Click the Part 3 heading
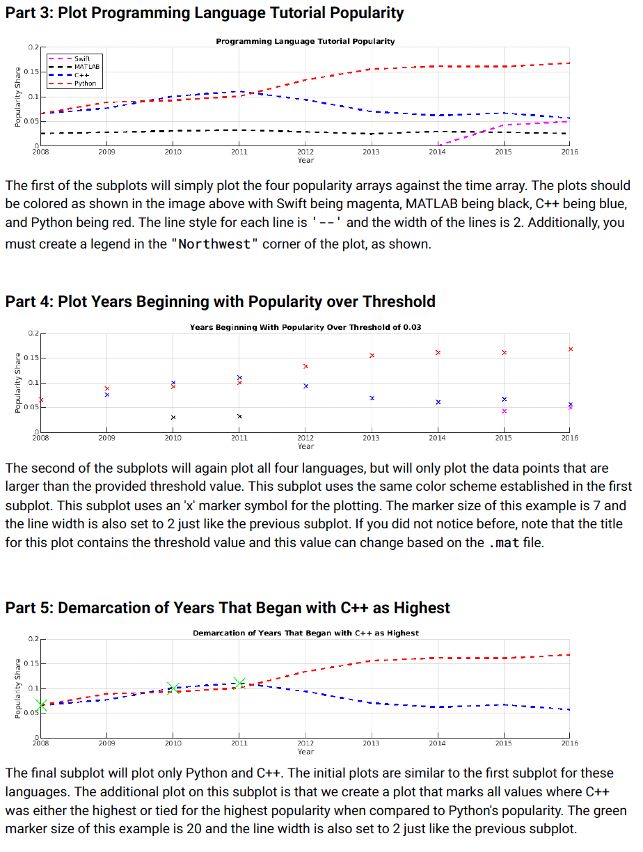click(204, 13)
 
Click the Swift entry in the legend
click(81, 58)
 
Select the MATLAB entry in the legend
click(86, 66)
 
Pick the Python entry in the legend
click(85, 83)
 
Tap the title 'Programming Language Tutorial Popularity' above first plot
click(305, 42)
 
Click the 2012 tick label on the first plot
click(305, 151)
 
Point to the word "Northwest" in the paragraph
click(214, 245)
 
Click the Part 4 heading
click(220, 301)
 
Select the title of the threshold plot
click(305, 327)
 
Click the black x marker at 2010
click(173, 417)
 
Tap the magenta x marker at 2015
click(504, 411)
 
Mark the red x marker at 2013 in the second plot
click(372, 356)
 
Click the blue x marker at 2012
click(305, 386)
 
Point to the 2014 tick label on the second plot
click(438, 438)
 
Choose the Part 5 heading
click(227, 608)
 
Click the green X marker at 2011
click(239, 683)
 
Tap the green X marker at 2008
click(41, 706)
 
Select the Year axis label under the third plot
click(305, 752)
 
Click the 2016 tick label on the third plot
click(569, 743)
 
